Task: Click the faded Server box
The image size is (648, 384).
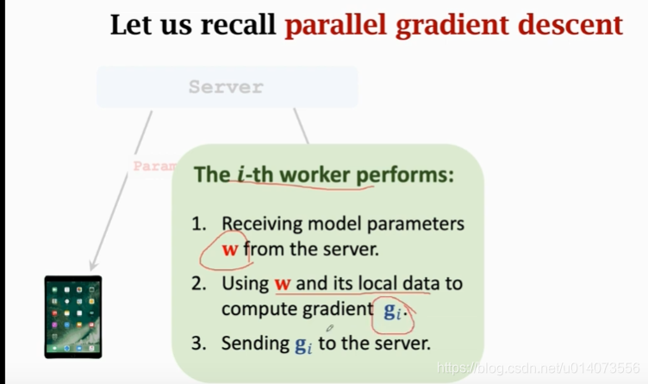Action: coord(227,87)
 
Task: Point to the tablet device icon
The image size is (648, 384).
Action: coord(73,317)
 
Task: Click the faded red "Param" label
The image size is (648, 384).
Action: coord(153,165)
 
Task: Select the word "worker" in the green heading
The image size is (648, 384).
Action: coord(310,175)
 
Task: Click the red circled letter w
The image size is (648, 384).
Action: coord(229,251)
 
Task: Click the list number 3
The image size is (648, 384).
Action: coord(199,343)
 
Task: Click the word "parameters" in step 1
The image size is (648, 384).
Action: coord(422,224)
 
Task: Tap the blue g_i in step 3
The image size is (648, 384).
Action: coord(302,344)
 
